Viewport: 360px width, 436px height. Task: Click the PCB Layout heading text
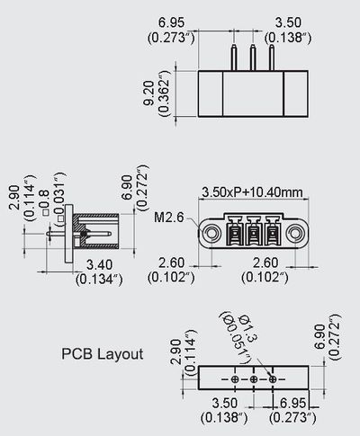coord(102,353)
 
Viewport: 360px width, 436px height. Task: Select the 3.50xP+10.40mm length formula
coord(252,191)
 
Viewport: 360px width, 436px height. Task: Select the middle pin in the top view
coord(252,57)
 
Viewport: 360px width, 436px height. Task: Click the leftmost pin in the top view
coord(237,57)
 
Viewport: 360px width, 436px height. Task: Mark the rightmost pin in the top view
coord(268,57)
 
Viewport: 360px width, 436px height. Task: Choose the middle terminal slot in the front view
coord(252,236)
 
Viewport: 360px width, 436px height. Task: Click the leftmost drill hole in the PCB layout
coord(238,380)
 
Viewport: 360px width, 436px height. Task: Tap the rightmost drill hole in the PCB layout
coord(269,380)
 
